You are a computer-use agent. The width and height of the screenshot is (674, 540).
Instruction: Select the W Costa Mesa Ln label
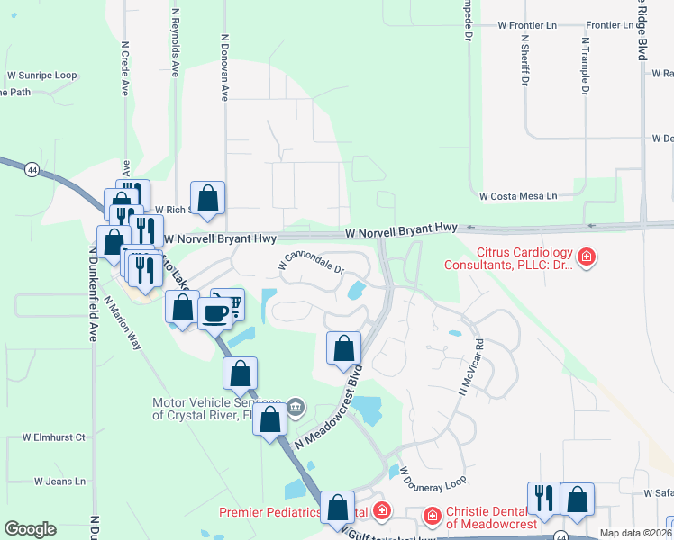click(518, 195)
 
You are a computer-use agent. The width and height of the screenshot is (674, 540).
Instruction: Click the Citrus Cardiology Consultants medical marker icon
click(587, 257)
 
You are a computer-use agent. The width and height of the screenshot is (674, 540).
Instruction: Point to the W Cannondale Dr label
click(312, 261)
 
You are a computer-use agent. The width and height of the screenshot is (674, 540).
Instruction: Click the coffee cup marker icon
click(215, 314)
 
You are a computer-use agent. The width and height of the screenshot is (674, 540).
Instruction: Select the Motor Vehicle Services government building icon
click(295, 409)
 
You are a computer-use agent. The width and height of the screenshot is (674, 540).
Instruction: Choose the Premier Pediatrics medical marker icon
click(382, 511)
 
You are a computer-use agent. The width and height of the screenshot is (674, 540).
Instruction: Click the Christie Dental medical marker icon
click(433, 516)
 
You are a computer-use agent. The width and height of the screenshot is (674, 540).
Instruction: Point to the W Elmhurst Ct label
click(54, 437)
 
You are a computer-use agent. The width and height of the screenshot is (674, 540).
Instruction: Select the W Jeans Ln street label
click(59, 481)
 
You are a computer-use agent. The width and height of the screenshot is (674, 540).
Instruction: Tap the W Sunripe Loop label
click(42, 76)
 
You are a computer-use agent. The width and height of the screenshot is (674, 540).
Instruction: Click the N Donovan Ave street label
click(224, 67)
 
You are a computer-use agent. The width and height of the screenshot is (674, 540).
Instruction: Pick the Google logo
click(30, 529)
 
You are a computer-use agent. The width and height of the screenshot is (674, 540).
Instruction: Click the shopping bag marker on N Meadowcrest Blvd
click(343, 348)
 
